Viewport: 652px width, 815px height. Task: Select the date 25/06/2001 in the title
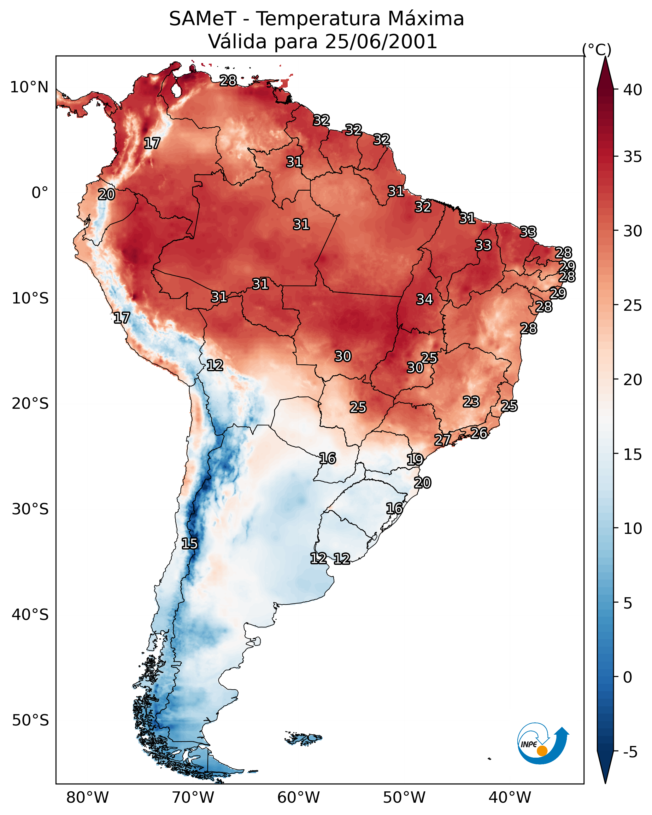[x=381, y=42]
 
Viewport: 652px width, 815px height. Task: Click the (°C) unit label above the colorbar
[x=596, y=49]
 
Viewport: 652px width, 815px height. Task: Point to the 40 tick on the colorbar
[x=633, y=90]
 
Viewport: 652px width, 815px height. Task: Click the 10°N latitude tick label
[x=29, y=87]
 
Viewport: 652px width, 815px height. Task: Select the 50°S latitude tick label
[x=30, y=720]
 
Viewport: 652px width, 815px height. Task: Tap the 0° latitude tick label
[x=40, y=193]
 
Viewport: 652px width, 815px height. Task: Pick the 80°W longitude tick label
[x=87, y=797]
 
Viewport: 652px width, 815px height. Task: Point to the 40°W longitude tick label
[x=510, y=797]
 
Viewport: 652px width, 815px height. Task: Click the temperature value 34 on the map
[x=425, y=299]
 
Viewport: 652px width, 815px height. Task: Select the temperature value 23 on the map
[x=471, y=402]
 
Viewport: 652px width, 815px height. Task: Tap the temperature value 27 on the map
[x=442, y=440]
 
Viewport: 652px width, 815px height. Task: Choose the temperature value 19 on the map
[x=415, y=460]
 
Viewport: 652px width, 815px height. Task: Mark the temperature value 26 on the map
[x=479, y=433]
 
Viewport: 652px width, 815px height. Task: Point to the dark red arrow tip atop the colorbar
[x=605, y=74]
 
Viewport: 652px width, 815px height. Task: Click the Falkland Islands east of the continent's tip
[x=304, y=739]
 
